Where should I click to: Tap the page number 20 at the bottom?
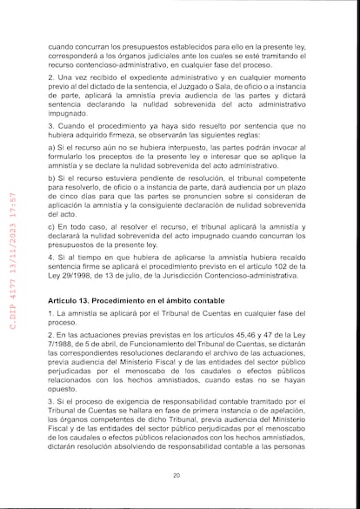pos(177,475)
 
